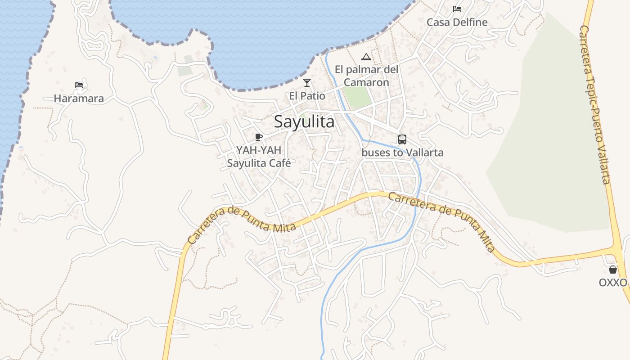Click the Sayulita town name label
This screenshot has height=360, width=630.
(x=304, y=121)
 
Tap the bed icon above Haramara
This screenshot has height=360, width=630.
(x=79, y=85)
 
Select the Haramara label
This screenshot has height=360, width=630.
(x=79, y=99)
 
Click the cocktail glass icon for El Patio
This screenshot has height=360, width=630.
(x=307, y=82)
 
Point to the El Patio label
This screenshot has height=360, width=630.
(x=307, y=95)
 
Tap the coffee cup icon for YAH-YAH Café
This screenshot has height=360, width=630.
(x=259, y=137)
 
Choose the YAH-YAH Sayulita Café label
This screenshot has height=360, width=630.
(x=259, y=157)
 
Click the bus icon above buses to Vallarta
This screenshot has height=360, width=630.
(x=402, y=139)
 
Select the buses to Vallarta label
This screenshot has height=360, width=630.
(x=402, y=153)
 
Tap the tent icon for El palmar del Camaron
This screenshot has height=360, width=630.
(x=366, y=57)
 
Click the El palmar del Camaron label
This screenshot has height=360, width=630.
(x=366, y=76)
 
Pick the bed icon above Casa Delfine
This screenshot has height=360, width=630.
(x=457, y=9)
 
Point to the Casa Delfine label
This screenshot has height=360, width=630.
(x=457, y=22)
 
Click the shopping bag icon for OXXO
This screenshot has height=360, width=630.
(x=613, y=270)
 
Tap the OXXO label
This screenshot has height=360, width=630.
(x=613, y=283)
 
